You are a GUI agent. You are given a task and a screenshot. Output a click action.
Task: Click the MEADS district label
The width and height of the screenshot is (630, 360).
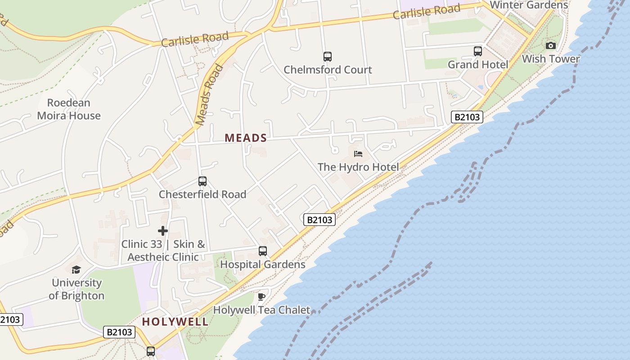coord(246,138)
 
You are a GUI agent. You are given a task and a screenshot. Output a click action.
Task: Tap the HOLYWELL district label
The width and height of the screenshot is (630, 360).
coord(175,322)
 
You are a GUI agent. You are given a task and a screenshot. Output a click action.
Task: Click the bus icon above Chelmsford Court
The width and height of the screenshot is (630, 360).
coord(328,57)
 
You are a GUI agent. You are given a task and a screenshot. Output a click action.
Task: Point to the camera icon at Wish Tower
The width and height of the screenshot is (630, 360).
coord(550,45)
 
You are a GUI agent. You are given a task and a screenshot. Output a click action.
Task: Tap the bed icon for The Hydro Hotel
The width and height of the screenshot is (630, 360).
coord(358,154)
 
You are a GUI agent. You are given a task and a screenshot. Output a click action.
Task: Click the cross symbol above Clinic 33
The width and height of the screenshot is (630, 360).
coord(163,231)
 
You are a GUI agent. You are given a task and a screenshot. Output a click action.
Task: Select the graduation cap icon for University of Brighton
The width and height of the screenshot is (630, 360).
coord(76,270)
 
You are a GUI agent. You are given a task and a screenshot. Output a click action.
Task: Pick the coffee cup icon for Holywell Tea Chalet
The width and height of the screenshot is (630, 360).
coord(261,297)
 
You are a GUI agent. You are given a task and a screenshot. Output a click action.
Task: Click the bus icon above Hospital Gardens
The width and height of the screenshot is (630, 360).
coord(263,251)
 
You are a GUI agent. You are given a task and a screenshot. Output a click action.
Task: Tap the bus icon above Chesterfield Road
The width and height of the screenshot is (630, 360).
coord(202,181)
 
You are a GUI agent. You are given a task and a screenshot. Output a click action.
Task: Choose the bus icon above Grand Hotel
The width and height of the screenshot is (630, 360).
coord(478,51)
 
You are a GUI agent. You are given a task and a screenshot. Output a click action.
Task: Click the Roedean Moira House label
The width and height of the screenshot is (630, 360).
coord(69,109)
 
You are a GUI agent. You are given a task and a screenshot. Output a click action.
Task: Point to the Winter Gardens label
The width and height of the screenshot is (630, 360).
coord(529,5)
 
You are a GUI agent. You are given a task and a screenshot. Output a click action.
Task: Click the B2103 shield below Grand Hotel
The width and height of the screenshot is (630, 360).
coord(467,117)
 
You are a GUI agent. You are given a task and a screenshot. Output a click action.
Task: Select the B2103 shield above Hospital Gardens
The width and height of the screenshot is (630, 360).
coord(319,220)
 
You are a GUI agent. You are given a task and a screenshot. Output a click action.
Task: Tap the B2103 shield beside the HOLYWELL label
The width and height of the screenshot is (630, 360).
coord(119,332)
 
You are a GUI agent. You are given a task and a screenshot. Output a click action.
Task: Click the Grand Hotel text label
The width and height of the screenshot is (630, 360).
coord(478,64)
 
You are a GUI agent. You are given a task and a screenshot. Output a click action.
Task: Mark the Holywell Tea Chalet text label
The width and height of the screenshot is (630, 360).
coord(261,310)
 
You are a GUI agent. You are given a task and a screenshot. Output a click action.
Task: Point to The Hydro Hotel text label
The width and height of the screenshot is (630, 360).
coord(358,167)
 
